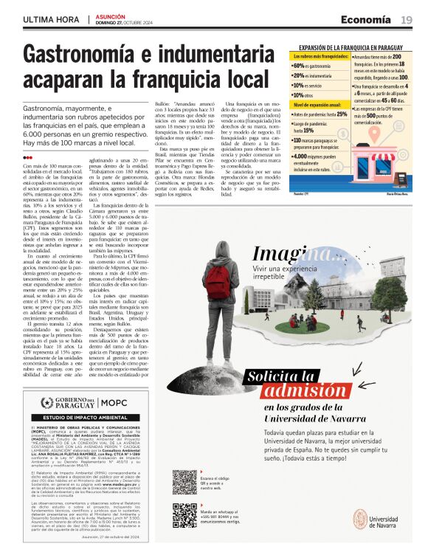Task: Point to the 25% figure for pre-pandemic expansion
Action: (x=342, y=114)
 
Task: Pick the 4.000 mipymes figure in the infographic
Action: (x=302, y=156)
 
